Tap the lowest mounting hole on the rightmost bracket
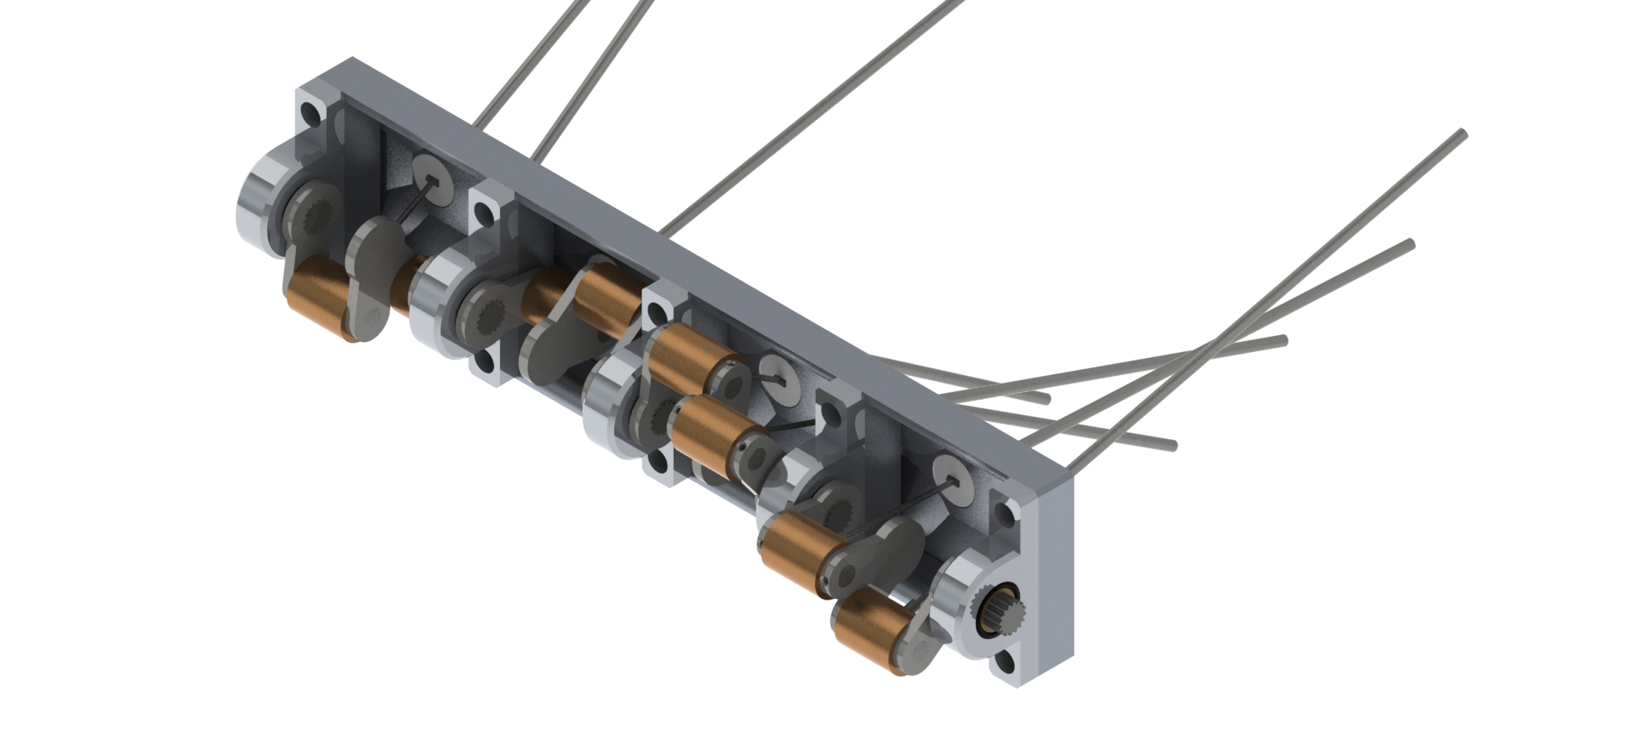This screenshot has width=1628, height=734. click(x=1006, y=663)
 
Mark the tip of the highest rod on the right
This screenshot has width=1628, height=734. click(x=1461, y=134)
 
